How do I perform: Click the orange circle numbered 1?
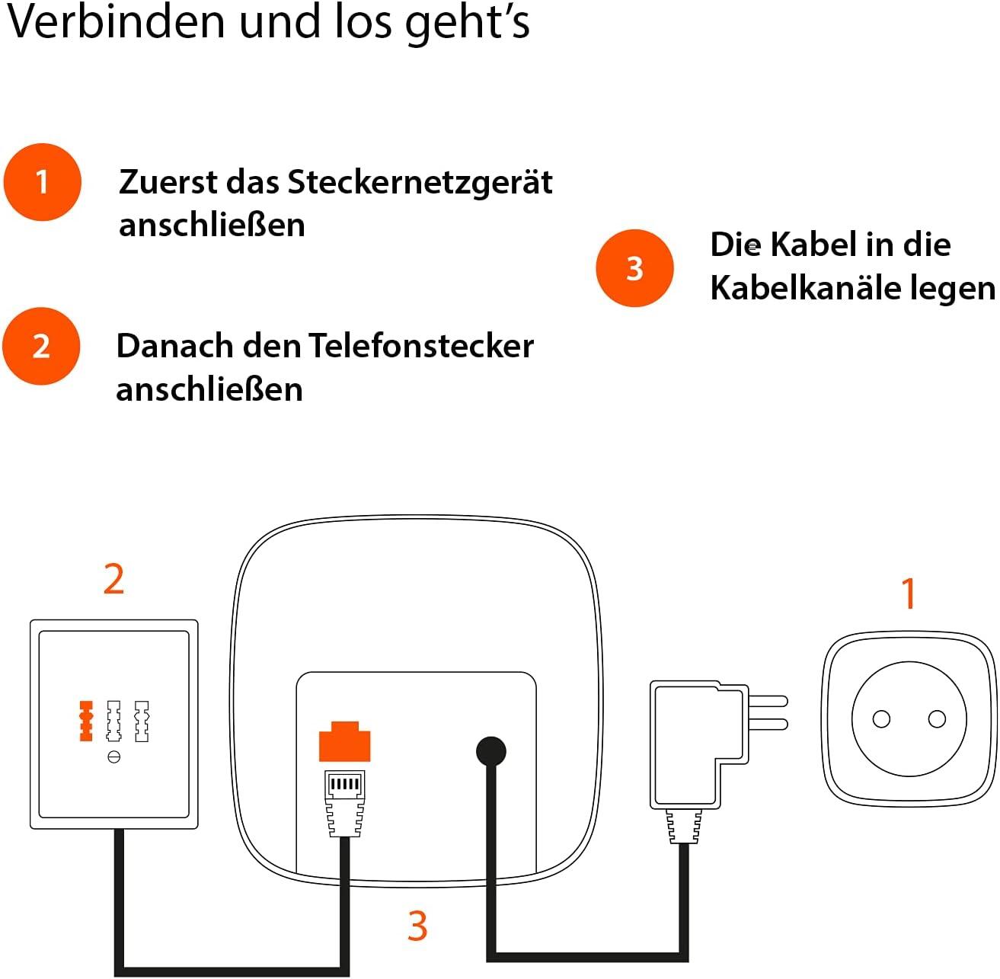(x=42, y=182)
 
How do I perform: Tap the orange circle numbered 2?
(x=41, y=346)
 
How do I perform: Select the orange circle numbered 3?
(x=634, y=268)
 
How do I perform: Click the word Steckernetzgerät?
(x=420, y=183)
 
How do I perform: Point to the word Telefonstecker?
(x=421, y=347)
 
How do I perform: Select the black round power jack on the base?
(x=490, y=751)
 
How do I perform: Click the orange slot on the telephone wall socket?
(x=86, y=721)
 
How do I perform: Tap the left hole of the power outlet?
(x=881, y=718)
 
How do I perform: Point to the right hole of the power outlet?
(x=938, y=718)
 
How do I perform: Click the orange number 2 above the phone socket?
(x=113, y=580)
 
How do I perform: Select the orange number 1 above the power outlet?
(x=908, y=593)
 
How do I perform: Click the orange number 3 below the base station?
(x=417, y=926)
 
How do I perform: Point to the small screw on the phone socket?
(x=114, y=757)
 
